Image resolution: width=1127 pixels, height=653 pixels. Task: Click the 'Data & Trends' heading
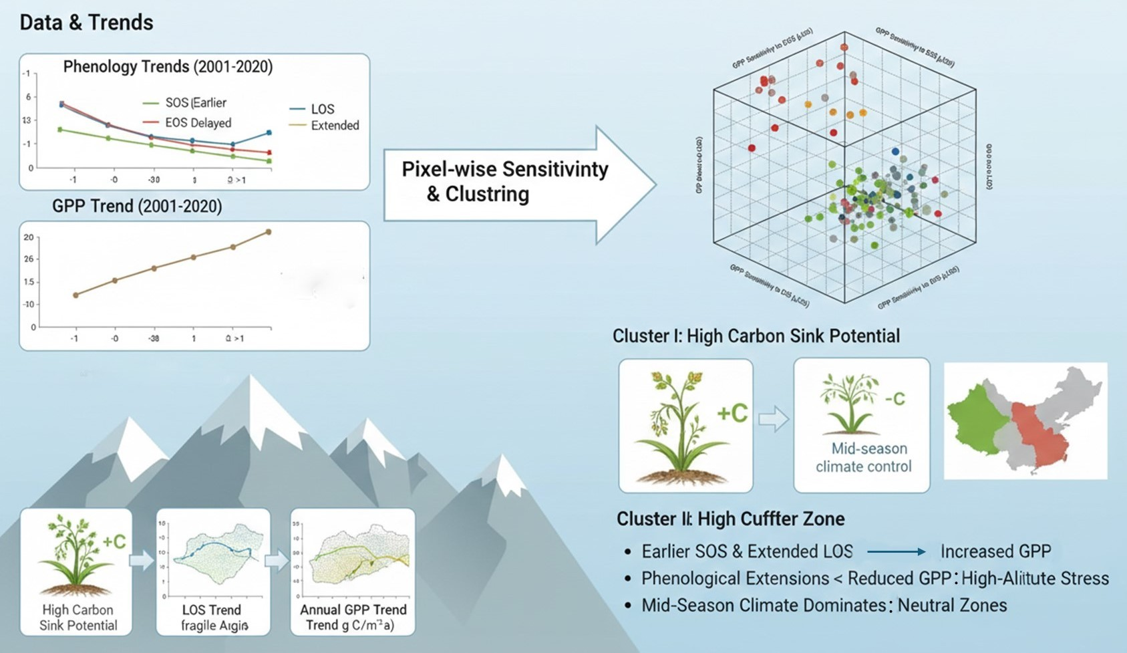86,23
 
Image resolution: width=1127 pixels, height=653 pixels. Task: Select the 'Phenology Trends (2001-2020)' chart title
168,67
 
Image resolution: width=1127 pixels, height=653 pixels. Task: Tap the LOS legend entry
322,109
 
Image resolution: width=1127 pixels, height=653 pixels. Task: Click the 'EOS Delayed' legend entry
198,123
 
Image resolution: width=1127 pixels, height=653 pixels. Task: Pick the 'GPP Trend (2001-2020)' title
137,206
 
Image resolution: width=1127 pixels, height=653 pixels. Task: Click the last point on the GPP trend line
269,232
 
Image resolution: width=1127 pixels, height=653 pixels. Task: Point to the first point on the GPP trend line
75,295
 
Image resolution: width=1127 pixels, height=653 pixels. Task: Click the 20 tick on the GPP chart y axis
28,237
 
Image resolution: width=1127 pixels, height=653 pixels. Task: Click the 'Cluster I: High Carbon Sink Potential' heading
756,336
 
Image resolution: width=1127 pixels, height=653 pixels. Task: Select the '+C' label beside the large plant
732,414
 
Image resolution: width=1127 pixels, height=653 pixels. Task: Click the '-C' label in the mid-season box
894,399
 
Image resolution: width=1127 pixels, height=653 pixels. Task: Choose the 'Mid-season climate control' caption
863,457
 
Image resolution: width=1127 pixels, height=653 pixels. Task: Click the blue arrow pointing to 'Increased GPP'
896,551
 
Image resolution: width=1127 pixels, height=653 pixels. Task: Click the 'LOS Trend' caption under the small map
212,610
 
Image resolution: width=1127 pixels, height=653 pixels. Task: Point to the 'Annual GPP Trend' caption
353,610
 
